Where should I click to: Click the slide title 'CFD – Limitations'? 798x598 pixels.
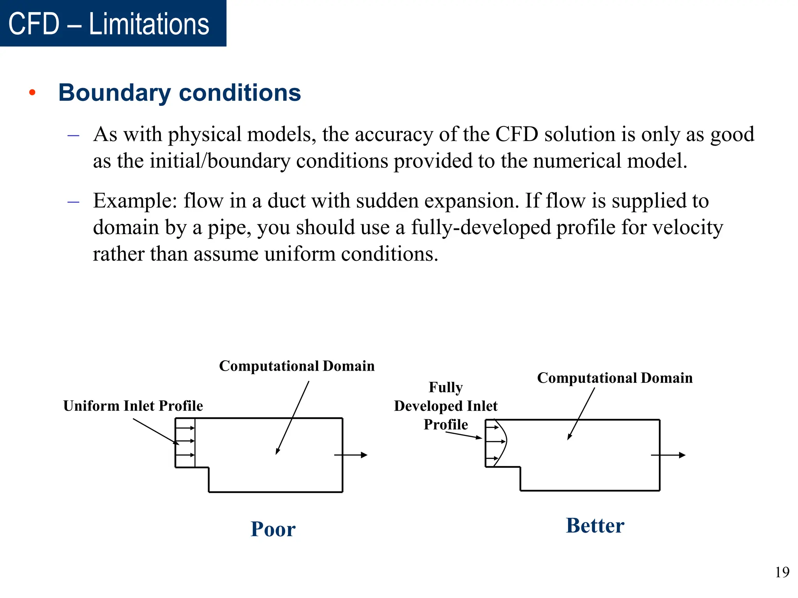(109, 24)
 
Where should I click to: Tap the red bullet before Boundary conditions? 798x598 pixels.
(32, 93)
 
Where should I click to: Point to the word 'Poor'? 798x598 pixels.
(273, 529)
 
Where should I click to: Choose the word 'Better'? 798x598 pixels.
(595, 526)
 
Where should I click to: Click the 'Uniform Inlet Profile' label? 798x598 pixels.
(133, 406)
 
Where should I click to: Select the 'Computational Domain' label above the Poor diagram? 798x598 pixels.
(297, 366)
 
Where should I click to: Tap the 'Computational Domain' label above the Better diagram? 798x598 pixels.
(614, 378)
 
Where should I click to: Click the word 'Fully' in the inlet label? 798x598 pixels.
(446, 387)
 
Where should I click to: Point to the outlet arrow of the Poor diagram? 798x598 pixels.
(351, 455)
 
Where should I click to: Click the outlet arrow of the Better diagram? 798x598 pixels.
(668, 455)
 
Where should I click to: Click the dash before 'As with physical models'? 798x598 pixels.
(73, 135)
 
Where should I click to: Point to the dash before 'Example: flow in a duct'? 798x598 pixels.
(73, 202)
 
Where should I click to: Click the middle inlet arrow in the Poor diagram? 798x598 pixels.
(185, 441)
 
